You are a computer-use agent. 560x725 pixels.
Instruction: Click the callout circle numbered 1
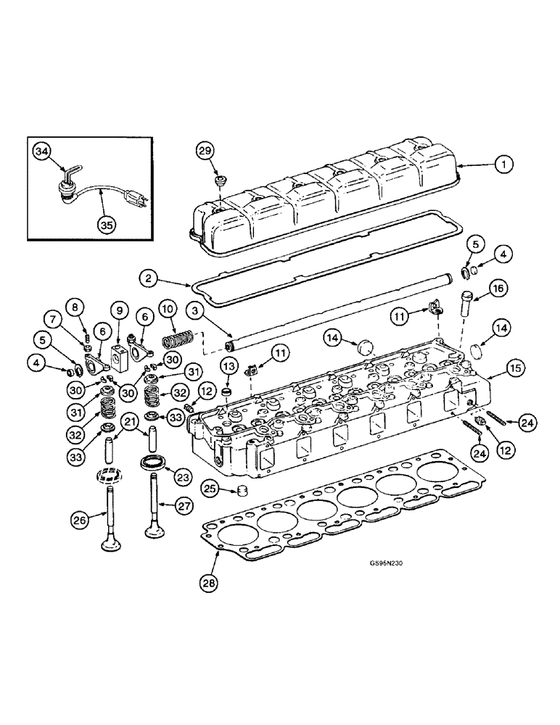point(501,165)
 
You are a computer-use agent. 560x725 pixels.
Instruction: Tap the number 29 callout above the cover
point(205,151)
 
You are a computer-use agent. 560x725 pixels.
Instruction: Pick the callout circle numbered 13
point(227,364)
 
